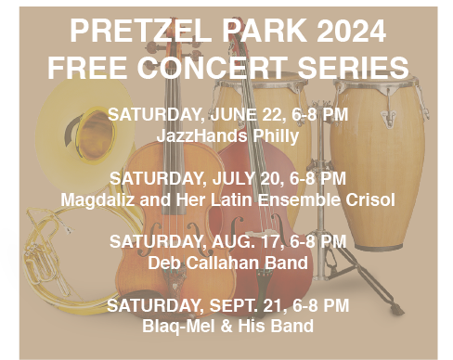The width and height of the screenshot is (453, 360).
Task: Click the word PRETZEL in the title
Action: pos(140,31)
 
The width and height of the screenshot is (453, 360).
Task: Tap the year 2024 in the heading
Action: pos(351,31)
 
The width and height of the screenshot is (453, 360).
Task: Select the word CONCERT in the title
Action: pos(212,67)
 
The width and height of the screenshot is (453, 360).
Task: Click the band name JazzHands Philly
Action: pos(227,135)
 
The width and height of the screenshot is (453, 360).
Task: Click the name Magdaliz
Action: pos(97,200)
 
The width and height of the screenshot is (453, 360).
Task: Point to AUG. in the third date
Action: pos(233,241)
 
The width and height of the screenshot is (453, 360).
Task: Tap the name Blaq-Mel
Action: pos(179,327)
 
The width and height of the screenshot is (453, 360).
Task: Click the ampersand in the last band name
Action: pos(226,327)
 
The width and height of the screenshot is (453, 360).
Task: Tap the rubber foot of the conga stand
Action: pos(397,309)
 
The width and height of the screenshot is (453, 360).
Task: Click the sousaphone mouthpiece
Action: pos(67,229)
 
